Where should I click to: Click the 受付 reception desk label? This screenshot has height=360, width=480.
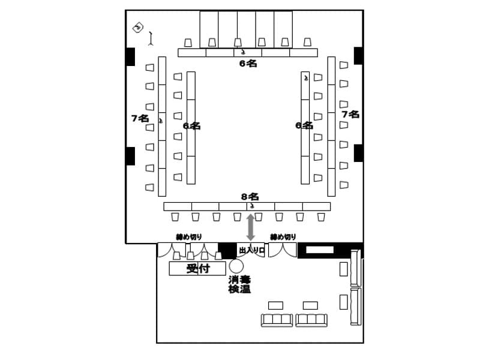(198, 268)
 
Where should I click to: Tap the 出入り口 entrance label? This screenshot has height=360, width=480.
(251, 250)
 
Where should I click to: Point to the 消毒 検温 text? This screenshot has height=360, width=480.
(239, 284)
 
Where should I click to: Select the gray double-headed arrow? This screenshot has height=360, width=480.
(251, 227)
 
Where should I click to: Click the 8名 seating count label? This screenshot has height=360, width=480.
(250, 197)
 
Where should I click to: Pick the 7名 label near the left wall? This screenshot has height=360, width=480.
(140, 118)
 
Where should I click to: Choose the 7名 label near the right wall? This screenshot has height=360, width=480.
(350, 114)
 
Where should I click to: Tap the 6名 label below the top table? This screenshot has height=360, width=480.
(248, 64)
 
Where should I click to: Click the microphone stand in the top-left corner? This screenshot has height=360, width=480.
(151, 38)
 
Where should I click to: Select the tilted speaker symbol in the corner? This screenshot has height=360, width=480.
(138, 28)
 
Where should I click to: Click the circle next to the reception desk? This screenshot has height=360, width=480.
(236, 266)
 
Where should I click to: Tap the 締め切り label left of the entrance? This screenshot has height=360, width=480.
(189, 237)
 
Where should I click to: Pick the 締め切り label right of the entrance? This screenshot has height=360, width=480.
(283, 237)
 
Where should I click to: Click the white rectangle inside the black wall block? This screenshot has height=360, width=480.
(320, 250)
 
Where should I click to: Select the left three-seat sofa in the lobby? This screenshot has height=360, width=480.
(277, 320)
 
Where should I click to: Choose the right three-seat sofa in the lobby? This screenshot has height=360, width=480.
(311, 320)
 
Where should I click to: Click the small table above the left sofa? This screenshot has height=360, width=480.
(276, 305)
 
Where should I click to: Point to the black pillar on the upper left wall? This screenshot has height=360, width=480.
(130, 56)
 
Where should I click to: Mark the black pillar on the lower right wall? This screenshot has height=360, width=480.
(358, 153)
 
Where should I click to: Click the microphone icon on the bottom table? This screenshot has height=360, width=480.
(251, 206)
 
